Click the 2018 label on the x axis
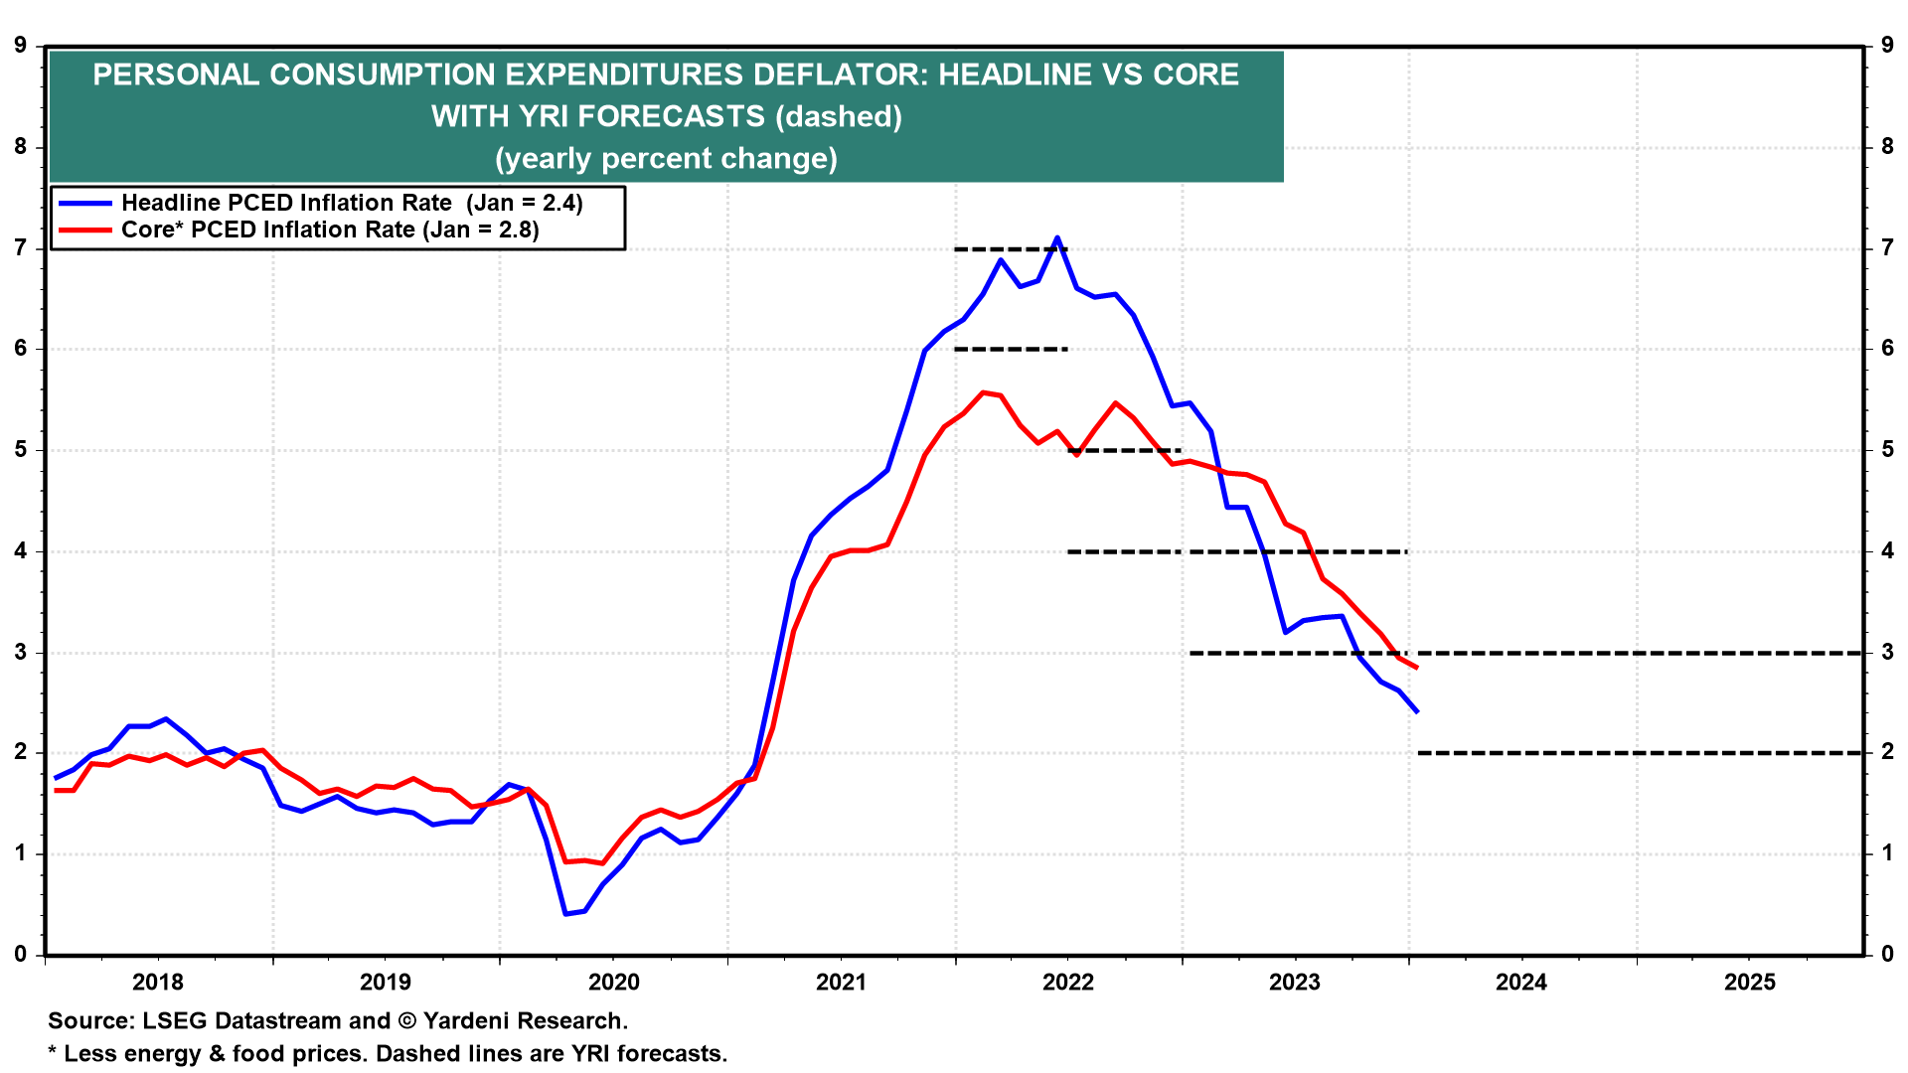click(x=158, y=983)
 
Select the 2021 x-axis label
click(x=841, y=983)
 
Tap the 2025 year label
click(x=1750, y=983)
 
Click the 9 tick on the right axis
click(x=1886, y=46)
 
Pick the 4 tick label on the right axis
click(x=1886, y=551)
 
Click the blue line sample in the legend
click(x=85, y=203)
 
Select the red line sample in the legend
click(x=85, y=230)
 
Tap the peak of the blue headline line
click(x=1057, y=237)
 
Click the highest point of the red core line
click(x=983, y=392)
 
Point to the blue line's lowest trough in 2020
click(x=565, y=913)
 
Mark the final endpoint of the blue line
click(x=1417, y=712)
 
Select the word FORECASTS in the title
click(x=671, y=117)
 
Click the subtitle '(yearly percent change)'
click(x=666, y=159)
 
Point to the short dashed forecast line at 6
click(x=1011, y=350)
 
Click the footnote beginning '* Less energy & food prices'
click(x=388, y=1054)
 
